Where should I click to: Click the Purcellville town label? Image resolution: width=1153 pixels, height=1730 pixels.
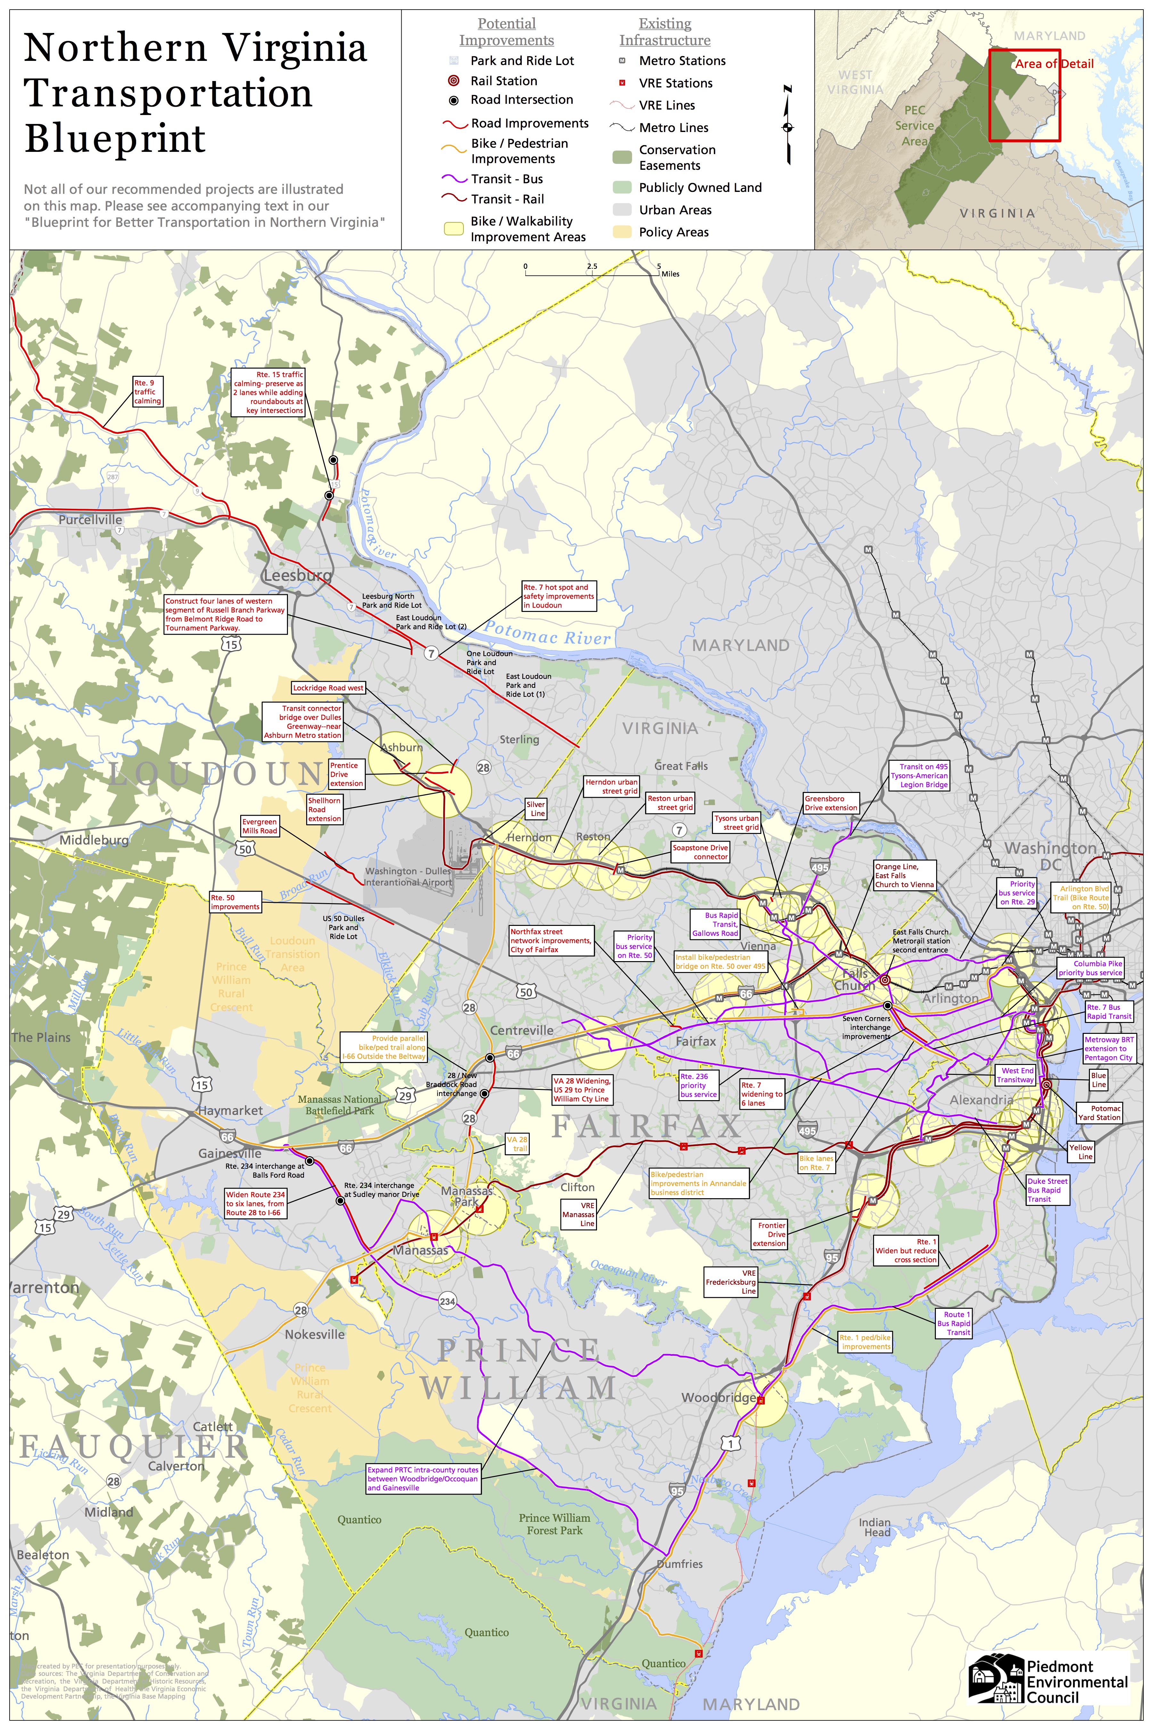tap(90, 519)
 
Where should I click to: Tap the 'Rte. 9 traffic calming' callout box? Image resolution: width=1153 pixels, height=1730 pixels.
tap(147, 392)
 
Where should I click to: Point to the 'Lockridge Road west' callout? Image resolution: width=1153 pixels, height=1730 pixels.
tap(328, 688)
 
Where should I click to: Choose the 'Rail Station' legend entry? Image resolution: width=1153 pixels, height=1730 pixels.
tap(504, 81)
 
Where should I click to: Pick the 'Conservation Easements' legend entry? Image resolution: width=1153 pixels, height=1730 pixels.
tap(676, 157)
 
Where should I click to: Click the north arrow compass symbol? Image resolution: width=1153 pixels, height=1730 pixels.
tap(788, 125)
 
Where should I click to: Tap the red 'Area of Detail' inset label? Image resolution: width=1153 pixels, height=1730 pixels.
tap(1054, 64)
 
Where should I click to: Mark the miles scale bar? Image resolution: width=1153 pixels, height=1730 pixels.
tap(592, 272)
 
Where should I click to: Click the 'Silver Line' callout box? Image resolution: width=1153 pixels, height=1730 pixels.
tap(536, 809)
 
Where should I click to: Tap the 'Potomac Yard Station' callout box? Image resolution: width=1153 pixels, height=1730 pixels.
tap(1099, 1113)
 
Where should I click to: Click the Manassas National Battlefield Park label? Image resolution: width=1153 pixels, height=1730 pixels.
tap(340, 1105)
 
